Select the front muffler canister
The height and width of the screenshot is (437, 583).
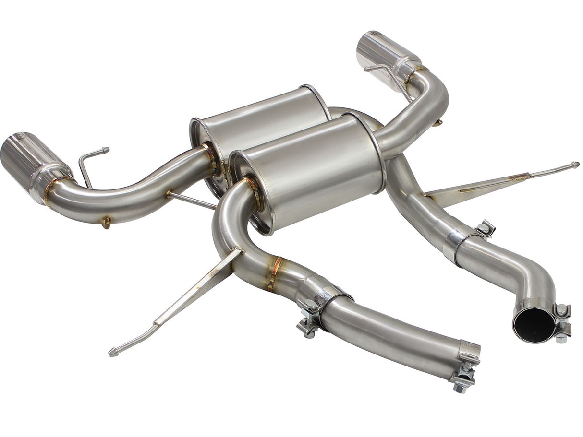click(312, 170)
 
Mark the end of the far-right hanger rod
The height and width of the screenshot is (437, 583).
click(575, 165)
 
